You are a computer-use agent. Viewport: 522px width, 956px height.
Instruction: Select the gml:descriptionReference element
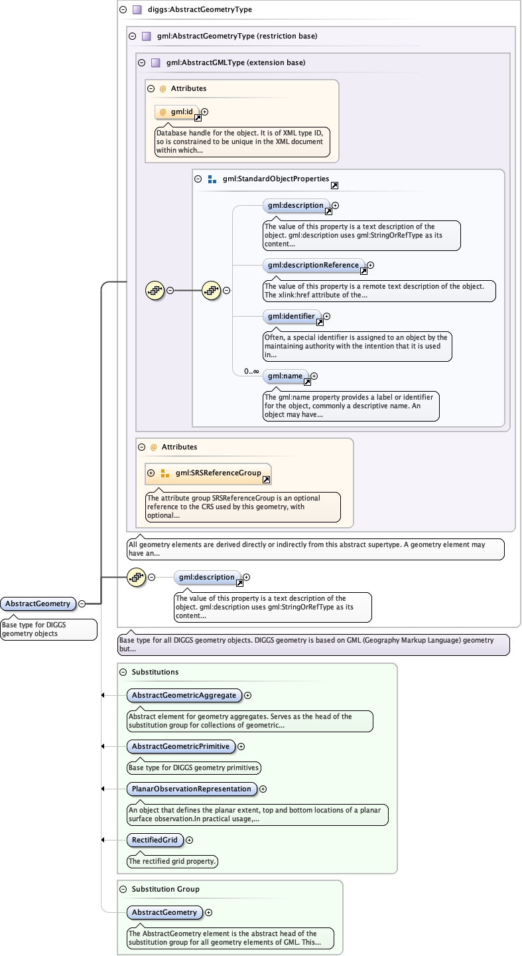pos(313,265)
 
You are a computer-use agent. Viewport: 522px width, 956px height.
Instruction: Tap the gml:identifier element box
pos(291,316)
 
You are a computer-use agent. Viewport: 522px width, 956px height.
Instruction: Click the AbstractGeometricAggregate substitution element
pos(184,695)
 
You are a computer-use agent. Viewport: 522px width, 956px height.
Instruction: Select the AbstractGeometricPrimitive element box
pos(180,746)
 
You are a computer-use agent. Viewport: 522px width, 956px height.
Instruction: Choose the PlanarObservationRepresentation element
pos(192,789)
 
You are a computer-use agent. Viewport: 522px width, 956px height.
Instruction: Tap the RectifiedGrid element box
pos(155,840)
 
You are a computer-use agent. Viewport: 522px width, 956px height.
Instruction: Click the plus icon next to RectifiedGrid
pos(190,840)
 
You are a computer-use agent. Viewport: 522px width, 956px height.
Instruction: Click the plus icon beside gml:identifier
pos(326,317)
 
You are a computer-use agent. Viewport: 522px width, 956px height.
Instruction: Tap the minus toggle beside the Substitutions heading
pos(123,672)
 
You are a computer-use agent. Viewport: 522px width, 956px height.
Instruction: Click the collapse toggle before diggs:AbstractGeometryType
pos(123,10)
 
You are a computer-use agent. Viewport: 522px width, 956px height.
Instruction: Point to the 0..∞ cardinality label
pos(251,371)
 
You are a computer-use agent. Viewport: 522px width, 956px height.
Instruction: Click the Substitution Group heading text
pos(165,889)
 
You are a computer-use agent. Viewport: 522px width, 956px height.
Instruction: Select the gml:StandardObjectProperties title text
pos(275,179)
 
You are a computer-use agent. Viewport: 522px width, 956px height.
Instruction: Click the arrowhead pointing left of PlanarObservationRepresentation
pos(103,789)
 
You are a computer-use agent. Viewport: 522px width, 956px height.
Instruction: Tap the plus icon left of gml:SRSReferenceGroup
pos(151,473)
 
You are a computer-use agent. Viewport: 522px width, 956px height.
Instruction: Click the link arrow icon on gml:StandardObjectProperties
pos(334,186)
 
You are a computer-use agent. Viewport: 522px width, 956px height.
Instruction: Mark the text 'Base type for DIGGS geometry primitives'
pos(193,767)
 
